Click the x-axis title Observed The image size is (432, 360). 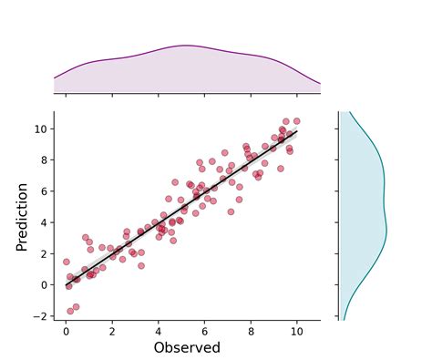pos(186,347)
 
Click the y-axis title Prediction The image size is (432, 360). pos(22,215)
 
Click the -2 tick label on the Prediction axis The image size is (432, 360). pos(42,316)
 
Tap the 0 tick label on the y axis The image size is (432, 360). pos(45,284)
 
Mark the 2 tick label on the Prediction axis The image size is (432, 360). pos(45,253)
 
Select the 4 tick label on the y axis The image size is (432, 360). pos(45,222)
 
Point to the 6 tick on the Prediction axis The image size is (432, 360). pos(45,191)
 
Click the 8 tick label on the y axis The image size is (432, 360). pos(45,160)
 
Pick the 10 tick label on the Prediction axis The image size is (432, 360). pos(42,129)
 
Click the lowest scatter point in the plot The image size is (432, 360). pos(69,311)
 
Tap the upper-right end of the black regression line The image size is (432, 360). pos(296,131)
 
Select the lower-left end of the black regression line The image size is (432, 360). pos(66,286)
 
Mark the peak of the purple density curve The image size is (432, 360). pos(187,46)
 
